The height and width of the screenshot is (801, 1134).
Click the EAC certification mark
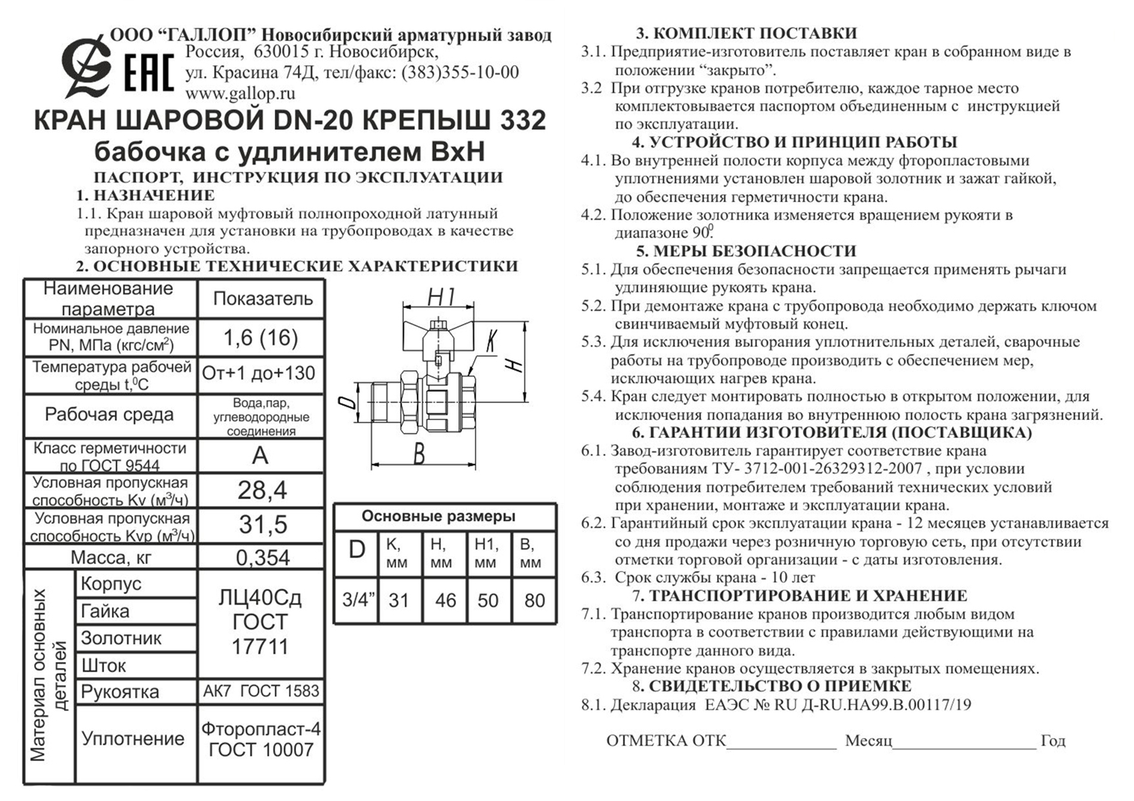pyautogui.click(x=148, y=73)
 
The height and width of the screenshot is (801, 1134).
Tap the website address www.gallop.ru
pyautogui.click(x=240, y=93)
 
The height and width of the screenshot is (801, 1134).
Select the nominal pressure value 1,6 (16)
pyautogui.click(x=261, y=337)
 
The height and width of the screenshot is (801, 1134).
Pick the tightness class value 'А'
pyautogui.click(x=260, y=456)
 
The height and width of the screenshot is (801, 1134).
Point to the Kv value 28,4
pyautogui.click(x=262, y=491)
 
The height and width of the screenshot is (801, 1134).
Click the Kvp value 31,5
pyautogui.click(x=262, y=525)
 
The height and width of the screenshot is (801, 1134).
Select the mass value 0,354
pyautogui.click(x=262, y=557)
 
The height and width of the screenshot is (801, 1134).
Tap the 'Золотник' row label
pyautogui.click(x=121, y=638)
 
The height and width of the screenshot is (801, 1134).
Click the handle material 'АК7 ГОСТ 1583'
pyautogui.click(x=261, y=691)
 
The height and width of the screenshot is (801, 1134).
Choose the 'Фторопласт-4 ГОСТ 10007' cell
pyautogui.click(x=261, y=740)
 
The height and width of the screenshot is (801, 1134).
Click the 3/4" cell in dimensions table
pyautogui.click(x=358, y=600)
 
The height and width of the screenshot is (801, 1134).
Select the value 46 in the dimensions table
pyautogui.click(x=445, y=601)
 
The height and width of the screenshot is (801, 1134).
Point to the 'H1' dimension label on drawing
pyautogui.click(x=442, y=298)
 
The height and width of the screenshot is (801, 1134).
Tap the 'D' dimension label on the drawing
pyautogui.click(x=348, y=402)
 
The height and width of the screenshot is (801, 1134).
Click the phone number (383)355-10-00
pyautogui.click(x=460, y=72)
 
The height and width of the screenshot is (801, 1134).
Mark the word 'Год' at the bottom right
pyautogui.click(x=1053, y=741)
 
